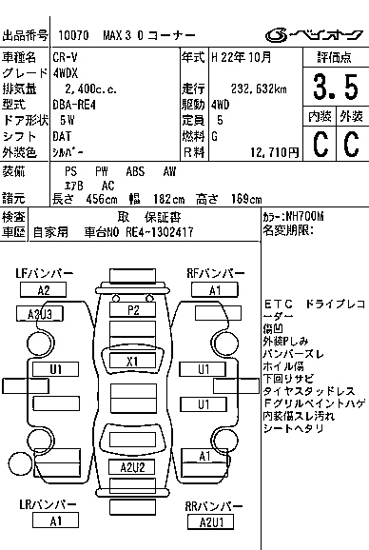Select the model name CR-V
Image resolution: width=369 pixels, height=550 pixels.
[x=66, y=58]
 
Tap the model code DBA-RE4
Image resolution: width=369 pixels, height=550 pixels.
[x=74, y=105]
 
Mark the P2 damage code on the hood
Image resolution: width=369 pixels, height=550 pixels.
[x=133, y=310]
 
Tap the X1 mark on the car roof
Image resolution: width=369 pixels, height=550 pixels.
[x=132, y=361]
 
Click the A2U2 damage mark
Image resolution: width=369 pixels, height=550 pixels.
[x=132, y=467]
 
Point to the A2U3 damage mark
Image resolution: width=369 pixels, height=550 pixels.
[x=46, y=312]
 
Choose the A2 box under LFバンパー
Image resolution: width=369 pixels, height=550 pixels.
[x=44, y=290]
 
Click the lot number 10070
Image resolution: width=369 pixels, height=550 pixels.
[x=71, y=34]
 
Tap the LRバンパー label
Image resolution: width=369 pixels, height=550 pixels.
[x=44, y=504]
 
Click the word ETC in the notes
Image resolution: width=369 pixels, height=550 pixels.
[x=277, y=304]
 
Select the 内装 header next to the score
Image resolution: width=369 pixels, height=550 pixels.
[x=320, y=116]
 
